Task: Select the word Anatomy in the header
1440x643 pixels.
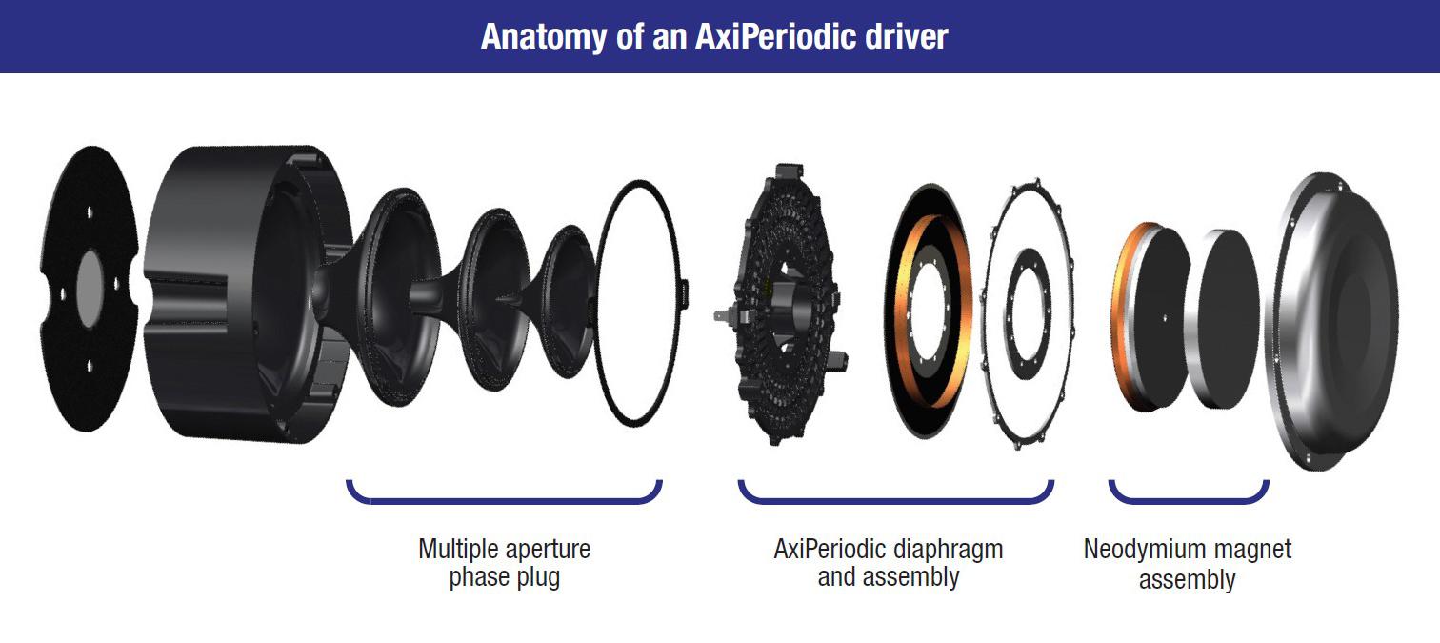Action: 543,37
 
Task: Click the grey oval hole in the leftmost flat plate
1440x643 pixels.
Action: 90,289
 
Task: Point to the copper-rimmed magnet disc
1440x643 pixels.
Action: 1150,316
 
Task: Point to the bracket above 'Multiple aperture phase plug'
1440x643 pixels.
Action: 504,501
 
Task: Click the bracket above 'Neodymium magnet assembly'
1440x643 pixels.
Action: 1189,501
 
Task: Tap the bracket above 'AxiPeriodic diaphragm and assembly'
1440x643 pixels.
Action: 896,501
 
